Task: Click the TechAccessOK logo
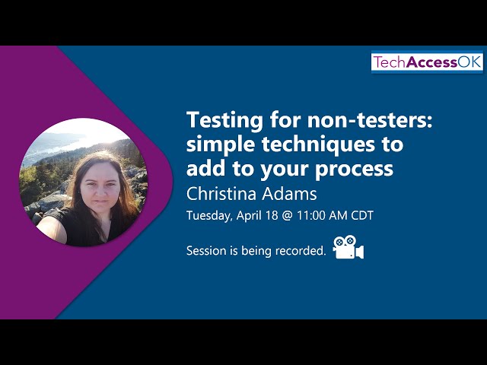point(427,62)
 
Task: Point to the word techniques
point(318,145)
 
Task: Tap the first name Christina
point(221,194)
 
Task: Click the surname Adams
point(289,194)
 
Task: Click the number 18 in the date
point(272,215)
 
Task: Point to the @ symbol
point(288,216)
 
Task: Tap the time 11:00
point(310,215)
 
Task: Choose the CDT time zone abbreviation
point(362,215)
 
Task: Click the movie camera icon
point(349,247)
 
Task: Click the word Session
point(206,250)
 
